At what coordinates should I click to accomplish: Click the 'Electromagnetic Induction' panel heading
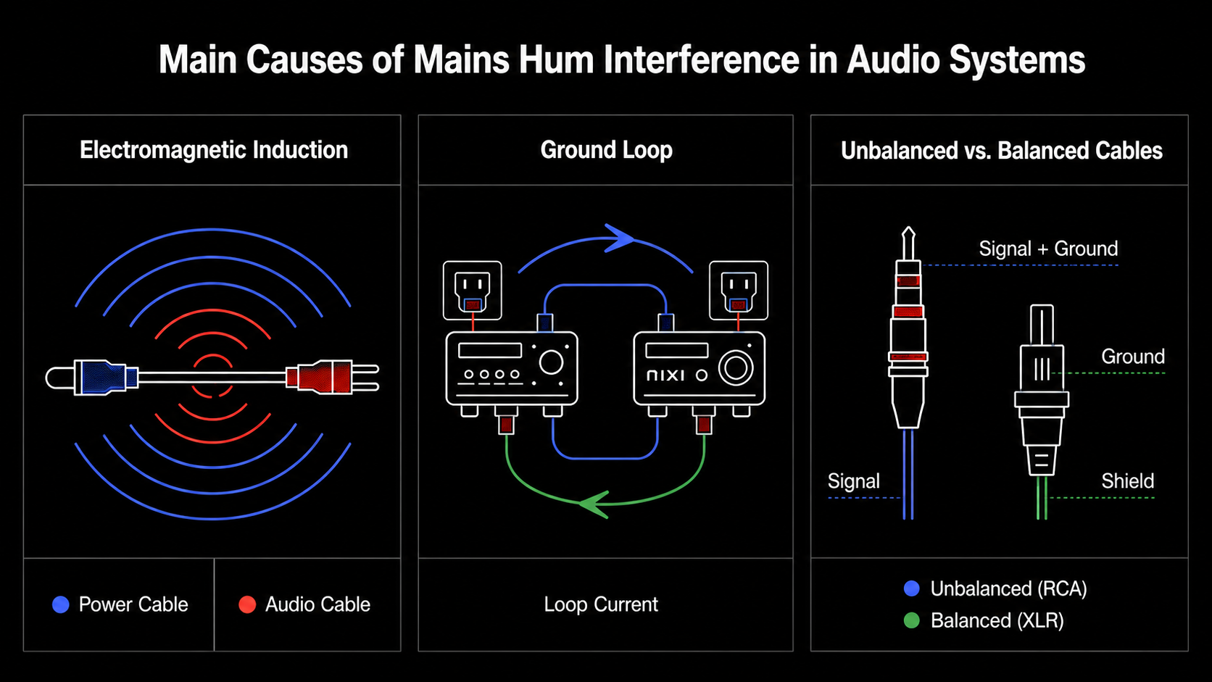pos(214,150)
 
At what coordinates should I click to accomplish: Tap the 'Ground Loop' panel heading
pos(606,150)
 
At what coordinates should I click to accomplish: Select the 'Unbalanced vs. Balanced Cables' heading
pos(1002,150)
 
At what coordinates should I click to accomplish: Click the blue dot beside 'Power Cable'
pos(61,604)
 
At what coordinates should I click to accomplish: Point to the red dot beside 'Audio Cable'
pos(247,604)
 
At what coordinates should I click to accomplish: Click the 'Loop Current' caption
pos(601,604)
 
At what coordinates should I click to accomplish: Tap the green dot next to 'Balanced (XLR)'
pos(912,620)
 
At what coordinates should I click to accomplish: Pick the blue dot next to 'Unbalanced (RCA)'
pos(912,589)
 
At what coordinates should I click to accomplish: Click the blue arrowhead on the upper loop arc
pos(619,238)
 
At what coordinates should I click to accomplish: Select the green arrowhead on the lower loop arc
pos(594,504)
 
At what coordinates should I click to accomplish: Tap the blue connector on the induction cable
pos(106,377)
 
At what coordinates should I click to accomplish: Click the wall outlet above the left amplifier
pos(473,291)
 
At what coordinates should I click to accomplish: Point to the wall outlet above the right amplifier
pos(739,291)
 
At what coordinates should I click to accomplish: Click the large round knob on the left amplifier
pos(551,362)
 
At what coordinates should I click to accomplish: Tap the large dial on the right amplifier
pos(736,367)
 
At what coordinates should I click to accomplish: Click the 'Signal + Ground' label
pos(1048,249)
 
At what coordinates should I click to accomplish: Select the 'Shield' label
pos(1128,481)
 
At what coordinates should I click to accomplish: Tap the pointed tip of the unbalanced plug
pos(908,228)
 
